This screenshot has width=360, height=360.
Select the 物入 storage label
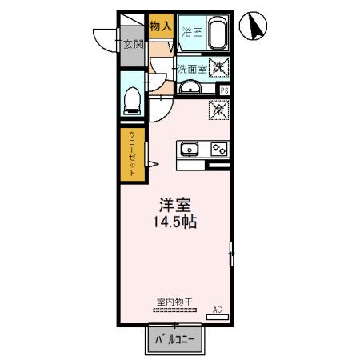(161, 26)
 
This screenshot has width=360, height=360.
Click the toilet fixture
(133, 100)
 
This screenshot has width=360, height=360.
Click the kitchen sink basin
(190, 148)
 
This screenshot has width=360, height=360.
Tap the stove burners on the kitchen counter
(218, 148)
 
